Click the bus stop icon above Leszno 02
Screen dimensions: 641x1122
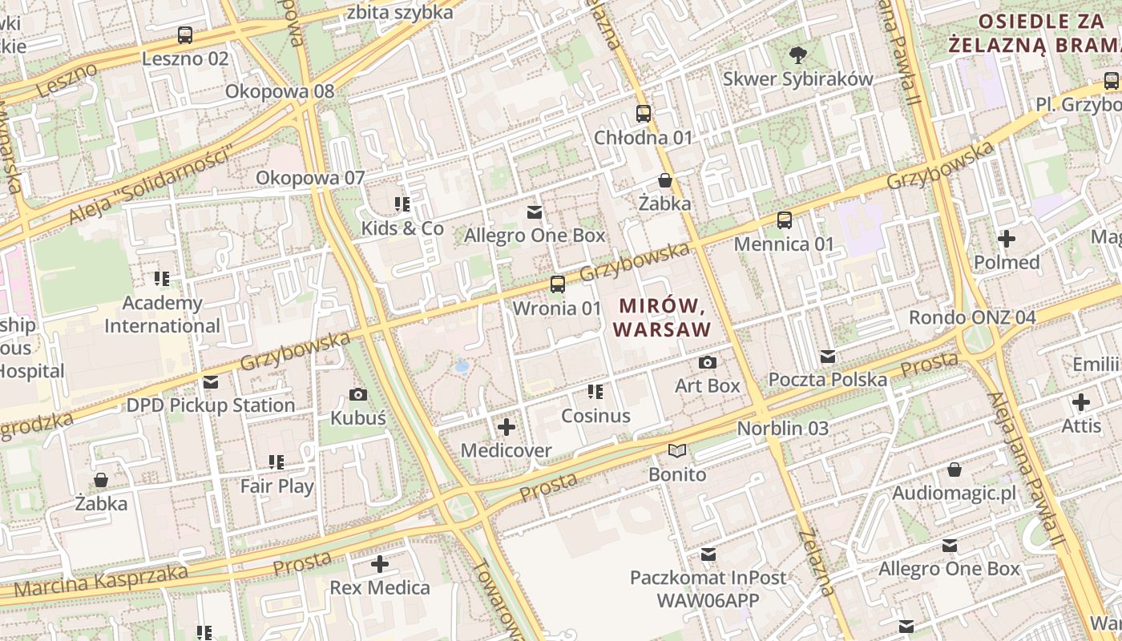point(185,35)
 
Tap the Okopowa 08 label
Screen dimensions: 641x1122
point(280,91)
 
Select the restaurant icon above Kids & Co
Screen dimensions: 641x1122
point(402,204)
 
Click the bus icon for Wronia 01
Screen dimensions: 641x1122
point(557,284)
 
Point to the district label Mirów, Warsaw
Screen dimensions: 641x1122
point(661,317)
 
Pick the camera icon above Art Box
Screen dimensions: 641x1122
point(707,362)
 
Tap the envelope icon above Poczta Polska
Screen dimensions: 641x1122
point(828,357)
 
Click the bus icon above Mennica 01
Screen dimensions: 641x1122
point(785,220)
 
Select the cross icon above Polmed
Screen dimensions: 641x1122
point(1007,238)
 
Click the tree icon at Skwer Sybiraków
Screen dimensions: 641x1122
point(797,55)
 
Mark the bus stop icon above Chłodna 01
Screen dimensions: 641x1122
point(644,114)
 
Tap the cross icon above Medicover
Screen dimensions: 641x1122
point(507,427)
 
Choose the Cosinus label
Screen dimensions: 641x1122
point(595,416)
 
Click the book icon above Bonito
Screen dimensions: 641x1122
point(677,451)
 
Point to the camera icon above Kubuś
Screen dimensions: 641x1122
point(358,394)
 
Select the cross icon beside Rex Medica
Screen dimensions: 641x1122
point(380,565)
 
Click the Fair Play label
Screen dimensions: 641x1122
point(277,486)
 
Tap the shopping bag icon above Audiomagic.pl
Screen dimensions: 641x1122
point(954,470)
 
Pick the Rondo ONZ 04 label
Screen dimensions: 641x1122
point(972,317)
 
